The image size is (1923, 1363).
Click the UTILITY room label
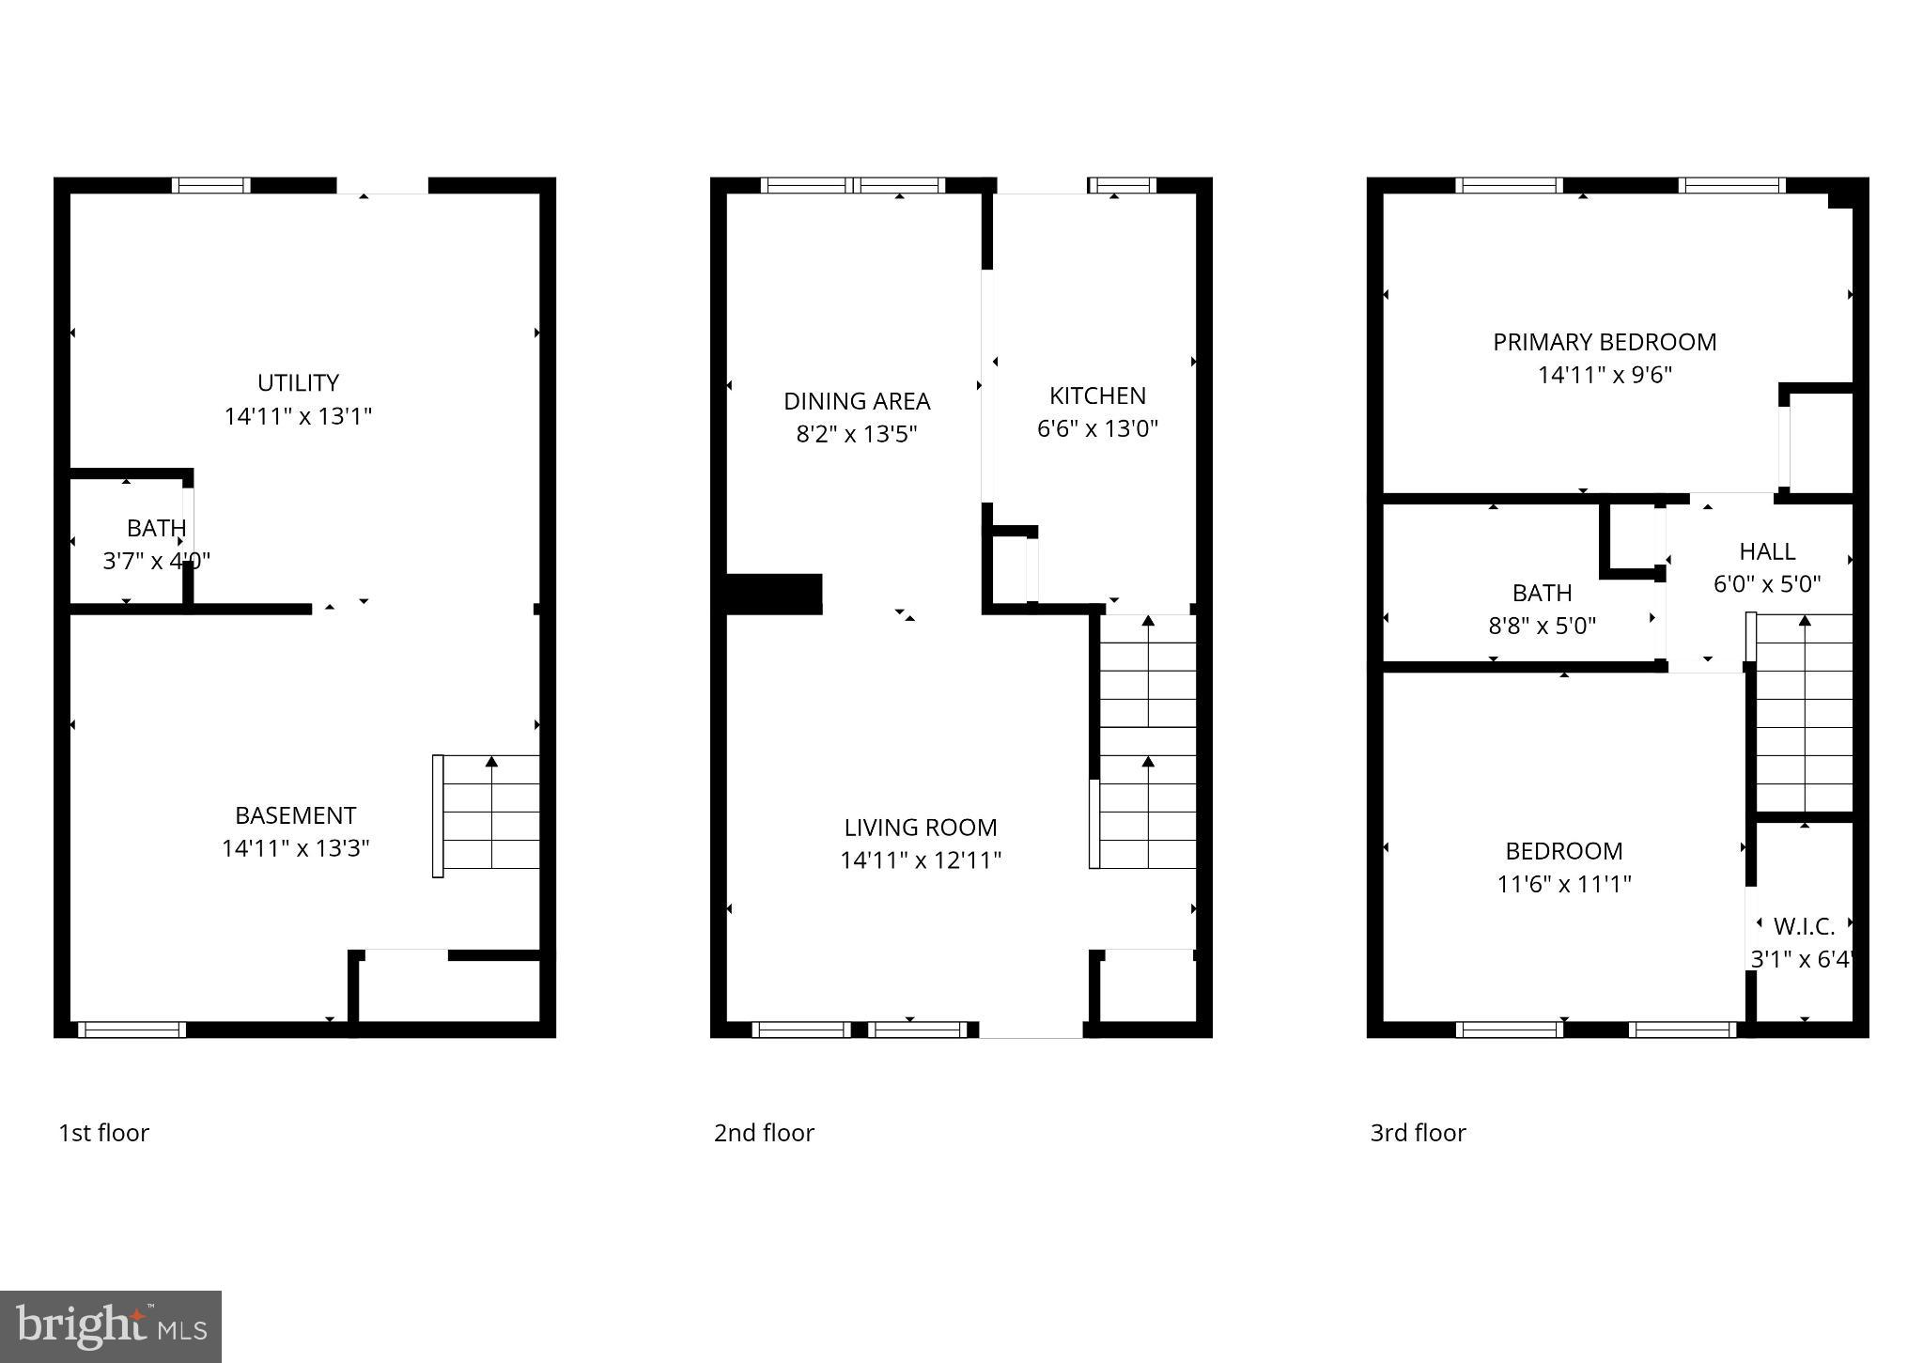point(298,383)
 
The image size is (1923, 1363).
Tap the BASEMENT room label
point(295,815)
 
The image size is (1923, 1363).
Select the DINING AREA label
point(857,401)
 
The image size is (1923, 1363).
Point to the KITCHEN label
point(1097,395)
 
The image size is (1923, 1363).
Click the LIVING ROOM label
point(921,828)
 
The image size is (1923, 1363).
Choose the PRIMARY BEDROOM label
point(1605,342)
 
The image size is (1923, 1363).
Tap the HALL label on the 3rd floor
point(1767,551)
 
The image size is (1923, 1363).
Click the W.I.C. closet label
point(1804,927)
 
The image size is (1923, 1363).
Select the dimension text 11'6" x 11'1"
point(1564,884)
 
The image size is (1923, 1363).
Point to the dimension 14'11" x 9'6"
point(1605,375)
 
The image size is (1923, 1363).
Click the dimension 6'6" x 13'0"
point(1097,428)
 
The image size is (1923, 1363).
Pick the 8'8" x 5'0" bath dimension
point(1543,626)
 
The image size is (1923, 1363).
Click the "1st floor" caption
point(103,1133)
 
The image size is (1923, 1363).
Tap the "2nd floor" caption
point(764,1133)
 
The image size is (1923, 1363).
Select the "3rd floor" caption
point(1418,1133)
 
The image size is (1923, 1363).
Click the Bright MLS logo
point(111,1326)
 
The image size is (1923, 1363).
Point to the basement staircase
point(489,814)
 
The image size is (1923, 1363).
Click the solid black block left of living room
point(774,594)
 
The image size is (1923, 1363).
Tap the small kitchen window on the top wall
point(1123,185)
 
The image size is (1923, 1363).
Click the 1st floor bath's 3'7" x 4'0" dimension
point(156,562)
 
